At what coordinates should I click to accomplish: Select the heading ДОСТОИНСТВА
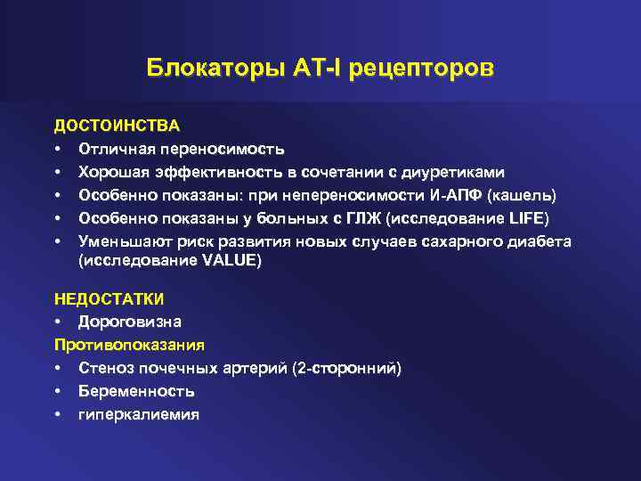point(117,126)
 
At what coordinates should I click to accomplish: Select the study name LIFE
point(529,218)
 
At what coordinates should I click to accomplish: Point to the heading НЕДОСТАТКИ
point(110,298)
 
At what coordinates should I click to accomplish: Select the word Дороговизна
point(131,321)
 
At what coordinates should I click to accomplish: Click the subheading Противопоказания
point(129,344)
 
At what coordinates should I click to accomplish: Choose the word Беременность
point(136,390)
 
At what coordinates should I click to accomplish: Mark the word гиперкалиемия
point(139,413)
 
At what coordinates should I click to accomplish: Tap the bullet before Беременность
point(58,390)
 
